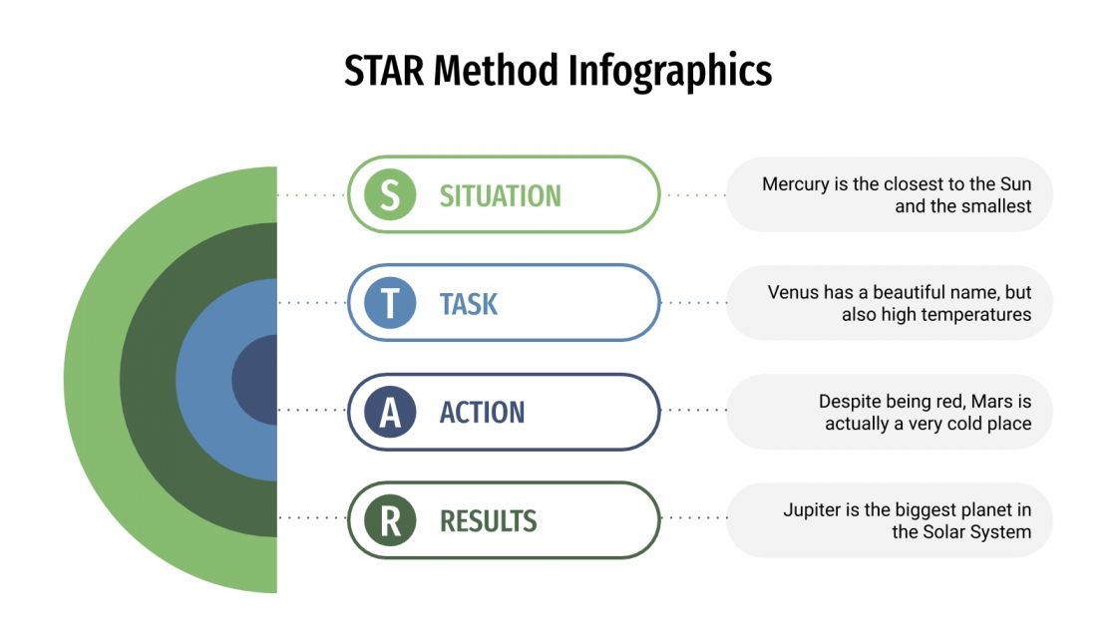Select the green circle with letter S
tap(390, 195)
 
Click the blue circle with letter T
tap(390, 303)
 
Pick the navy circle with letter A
tap(390, 412)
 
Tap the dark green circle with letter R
tap(390, 520)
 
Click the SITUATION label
tap(500, 195)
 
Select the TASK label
tap(468, 303)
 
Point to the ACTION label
tap(482, 412)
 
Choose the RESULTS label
tap(488, 520)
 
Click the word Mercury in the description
tap(796, 184)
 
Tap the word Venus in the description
tap(793, 293)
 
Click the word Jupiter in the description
tap(811, 510)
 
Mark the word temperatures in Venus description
tap(976, 315)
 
